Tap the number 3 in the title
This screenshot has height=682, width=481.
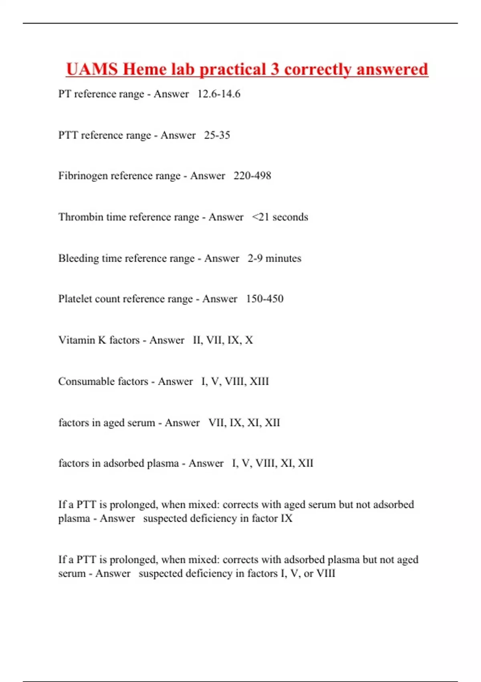pyautogui.click(x=275, y=69)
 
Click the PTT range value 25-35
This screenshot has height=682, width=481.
pyautogui.click(x=217, y=135)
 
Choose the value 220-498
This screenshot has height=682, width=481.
pyautogui.click(x=252, y=176)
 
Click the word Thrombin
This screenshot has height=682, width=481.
pyautogui.click(x=81, y=217)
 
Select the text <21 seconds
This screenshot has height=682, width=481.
pyautogui.click(x=280, y=217)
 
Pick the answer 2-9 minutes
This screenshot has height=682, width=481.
pyautogui.click(x=274, y=258)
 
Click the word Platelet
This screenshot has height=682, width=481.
pyautogui.click(x=75, y=299)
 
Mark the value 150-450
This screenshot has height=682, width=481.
pyautogui.click(x=265, y=299)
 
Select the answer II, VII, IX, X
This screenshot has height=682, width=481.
pyautogui.click(x=223, y=340)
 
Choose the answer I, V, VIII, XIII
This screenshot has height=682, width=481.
pyautogui.click(x=235, y=381)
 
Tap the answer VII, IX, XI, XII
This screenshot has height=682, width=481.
pyautogui.click(x=244, y=422)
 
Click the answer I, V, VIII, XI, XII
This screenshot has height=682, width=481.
pyautogui.click(x=273, y=463)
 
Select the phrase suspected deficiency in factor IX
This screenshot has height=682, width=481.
pyautogui.click(x=218, y=518)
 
